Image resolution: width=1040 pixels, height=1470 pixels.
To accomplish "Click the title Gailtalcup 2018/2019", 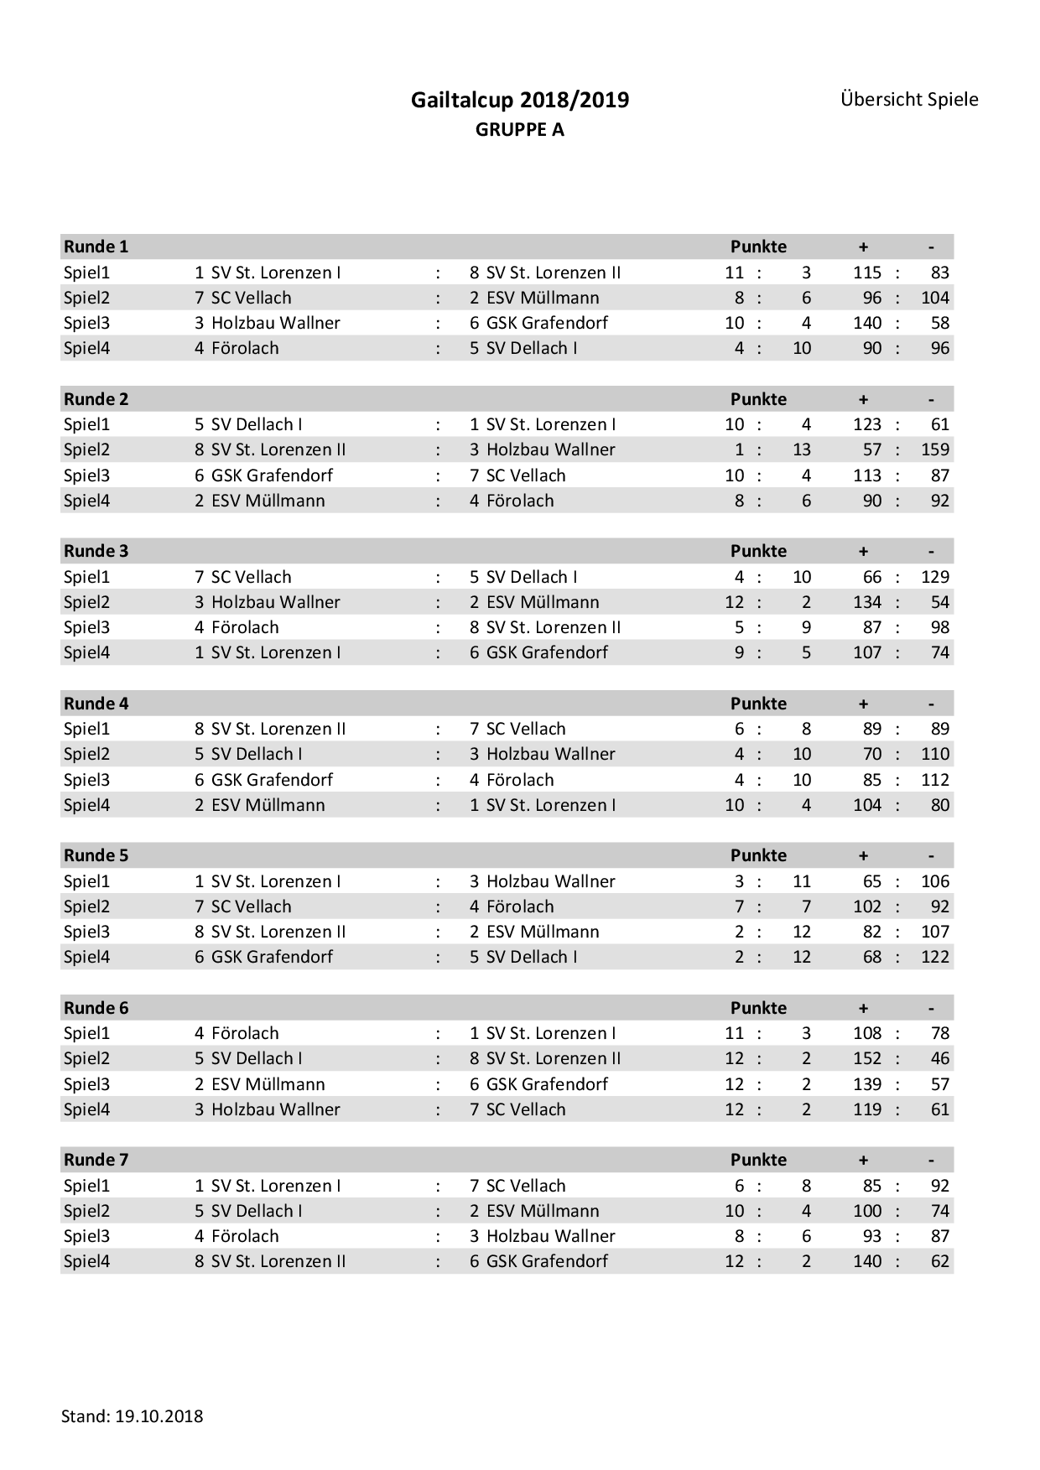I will pos(519,101).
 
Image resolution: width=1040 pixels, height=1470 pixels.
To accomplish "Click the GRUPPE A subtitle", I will pos(519,130).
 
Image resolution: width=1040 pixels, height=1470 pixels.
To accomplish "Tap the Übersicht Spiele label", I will pos(909,100).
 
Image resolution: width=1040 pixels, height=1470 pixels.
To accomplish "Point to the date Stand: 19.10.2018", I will pos(132,1416).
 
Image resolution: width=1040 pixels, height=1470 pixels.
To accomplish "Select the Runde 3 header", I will pos(96,551).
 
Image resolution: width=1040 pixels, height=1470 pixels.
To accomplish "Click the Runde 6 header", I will pos(96,1008).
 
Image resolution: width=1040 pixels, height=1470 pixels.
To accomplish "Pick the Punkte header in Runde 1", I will pos(758,247).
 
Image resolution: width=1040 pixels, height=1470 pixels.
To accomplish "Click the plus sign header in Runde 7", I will pos(863,1160).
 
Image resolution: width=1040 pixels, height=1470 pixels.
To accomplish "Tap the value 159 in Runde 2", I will pos(934,449).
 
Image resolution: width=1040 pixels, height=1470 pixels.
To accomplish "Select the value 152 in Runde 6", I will pos(867,1058).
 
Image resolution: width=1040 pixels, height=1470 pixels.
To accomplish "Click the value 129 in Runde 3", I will pos(934,577).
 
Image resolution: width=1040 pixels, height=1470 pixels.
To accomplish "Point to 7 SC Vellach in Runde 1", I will pos(243,298).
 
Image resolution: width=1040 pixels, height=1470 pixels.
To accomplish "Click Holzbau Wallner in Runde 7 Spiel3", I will pos(550,1236).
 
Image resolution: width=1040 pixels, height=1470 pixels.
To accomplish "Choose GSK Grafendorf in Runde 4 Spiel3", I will pos(272,780).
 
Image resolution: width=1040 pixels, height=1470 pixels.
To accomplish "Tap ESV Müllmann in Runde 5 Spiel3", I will pos(543,932).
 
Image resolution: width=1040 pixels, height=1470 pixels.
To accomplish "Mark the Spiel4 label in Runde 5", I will pos(86,957).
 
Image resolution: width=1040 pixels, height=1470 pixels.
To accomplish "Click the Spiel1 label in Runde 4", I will pos(86,729).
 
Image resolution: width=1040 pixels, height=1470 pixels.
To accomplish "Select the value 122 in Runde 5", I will pos(934,957).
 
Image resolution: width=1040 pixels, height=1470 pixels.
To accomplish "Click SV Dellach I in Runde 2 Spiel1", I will pos(257,424).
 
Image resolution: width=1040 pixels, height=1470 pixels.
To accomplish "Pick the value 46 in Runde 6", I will pos(940,1058).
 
